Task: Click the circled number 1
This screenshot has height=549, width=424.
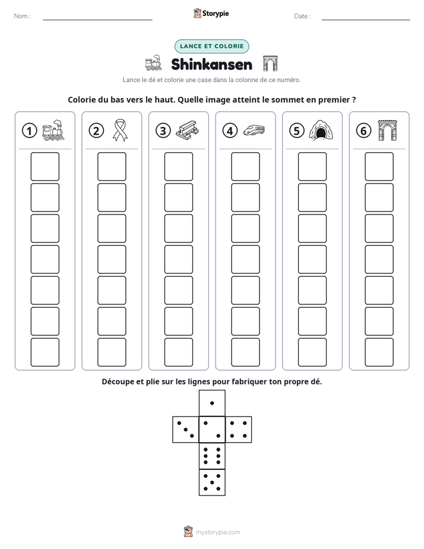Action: tap(29, 131)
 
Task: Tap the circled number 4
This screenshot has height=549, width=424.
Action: tap(230, 131)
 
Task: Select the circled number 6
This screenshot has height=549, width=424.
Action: tap(363, 131)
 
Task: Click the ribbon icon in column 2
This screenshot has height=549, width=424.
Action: tap(120, 130)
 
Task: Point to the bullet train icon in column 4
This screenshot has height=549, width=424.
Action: tap(254, 130)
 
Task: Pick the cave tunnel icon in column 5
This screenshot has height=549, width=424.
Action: tap(321, 130)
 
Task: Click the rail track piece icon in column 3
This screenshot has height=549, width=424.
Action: tap(187, 130)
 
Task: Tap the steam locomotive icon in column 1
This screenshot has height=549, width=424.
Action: tap(53, 130)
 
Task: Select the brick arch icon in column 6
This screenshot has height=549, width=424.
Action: tap(387, 130)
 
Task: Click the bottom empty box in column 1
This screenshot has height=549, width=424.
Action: tap(45, 352)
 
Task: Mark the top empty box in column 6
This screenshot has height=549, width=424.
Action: tap(379, 166)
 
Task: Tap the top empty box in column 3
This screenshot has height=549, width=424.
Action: tap(179, 166)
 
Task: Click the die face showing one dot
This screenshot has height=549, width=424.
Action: tap(212, 403)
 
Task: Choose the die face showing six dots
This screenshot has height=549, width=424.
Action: tap(212, 456)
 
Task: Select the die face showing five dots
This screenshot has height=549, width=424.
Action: tap(212, 482)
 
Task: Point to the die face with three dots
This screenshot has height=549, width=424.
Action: tap(186, 429)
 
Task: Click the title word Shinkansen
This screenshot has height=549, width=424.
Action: tap(211, 64)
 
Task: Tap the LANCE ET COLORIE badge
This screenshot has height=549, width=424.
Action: tap(211, 46)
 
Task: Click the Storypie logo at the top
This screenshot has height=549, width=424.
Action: tap(211, 14)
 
